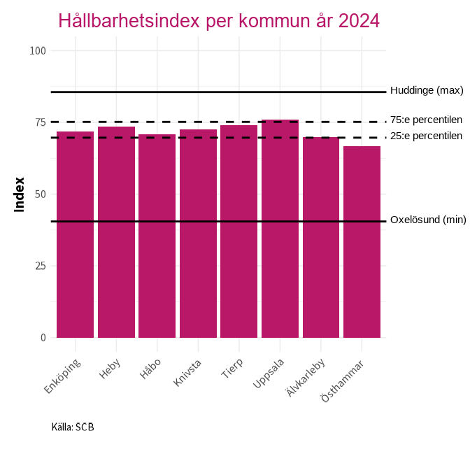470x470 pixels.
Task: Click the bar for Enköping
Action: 75,234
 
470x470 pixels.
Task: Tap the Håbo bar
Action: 157,236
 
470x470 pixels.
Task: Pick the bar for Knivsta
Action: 198,234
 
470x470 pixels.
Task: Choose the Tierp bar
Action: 238,232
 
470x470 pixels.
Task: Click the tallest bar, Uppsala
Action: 280,229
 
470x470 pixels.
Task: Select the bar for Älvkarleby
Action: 320,237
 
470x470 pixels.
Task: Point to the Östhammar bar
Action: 362,242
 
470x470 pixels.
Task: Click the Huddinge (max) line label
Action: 427,90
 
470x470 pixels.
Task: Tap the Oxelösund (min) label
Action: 427,220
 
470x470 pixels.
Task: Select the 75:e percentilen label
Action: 426,120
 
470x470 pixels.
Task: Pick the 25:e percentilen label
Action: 426,135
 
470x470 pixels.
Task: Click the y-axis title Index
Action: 20,194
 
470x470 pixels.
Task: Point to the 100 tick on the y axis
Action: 38,50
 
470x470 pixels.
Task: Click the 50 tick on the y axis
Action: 41,194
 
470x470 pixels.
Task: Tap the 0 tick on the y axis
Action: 43,337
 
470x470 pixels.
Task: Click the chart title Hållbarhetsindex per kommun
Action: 219,21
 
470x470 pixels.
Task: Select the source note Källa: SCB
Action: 73,427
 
